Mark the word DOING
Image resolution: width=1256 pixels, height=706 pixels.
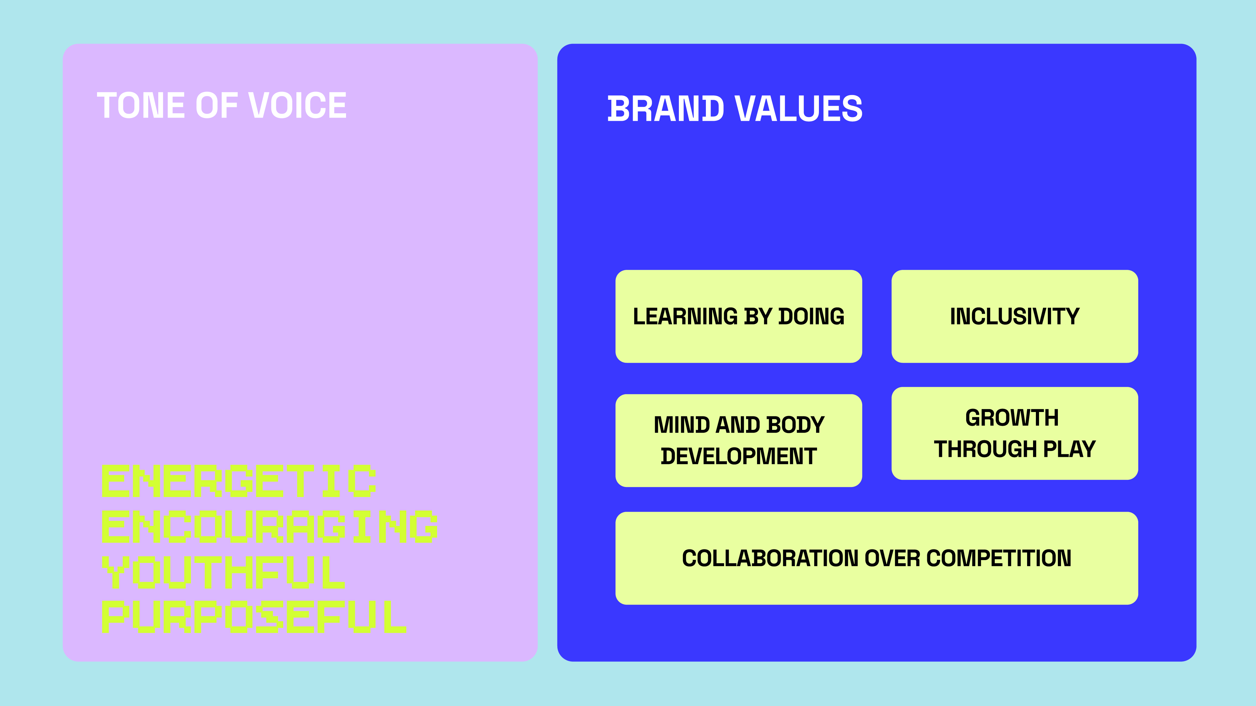click(811, 317)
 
